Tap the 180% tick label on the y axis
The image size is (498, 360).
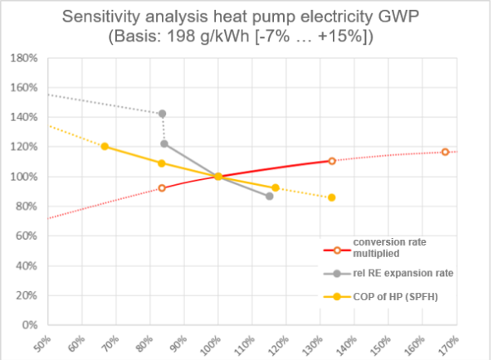click(22, 58)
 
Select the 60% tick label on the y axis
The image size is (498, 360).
click(24, 236)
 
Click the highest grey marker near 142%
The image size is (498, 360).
click(162, 114)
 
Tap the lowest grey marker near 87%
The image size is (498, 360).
click(270, 196)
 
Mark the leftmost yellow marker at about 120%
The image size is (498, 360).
click(105, 147)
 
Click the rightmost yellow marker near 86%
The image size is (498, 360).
click(332, 197)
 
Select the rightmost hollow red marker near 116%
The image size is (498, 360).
click(446, 152)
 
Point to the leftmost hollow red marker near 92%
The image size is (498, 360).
click(162, 188)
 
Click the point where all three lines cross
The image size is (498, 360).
click(217, 176)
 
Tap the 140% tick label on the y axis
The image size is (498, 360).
click(22, 117)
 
